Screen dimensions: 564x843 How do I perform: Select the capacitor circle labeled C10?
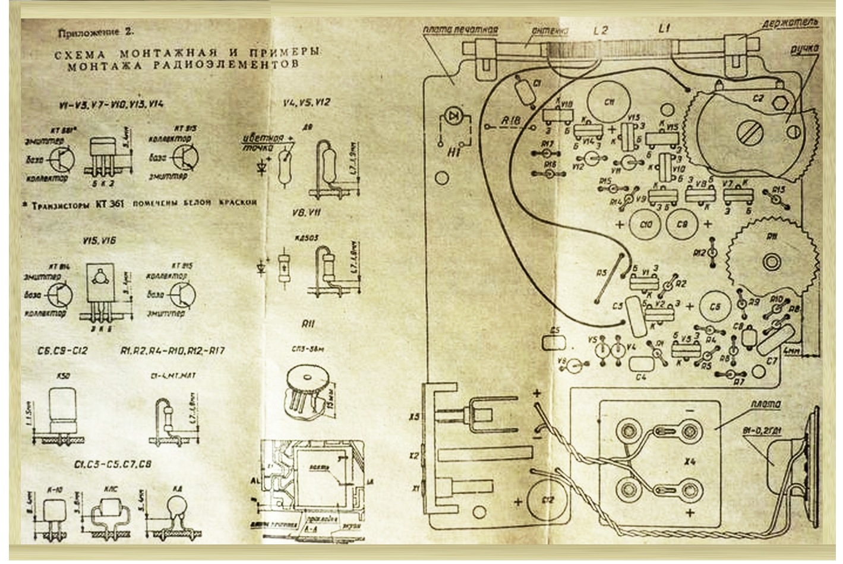click(647, 225)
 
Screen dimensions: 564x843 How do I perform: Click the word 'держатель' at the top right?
click(791, 23)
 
